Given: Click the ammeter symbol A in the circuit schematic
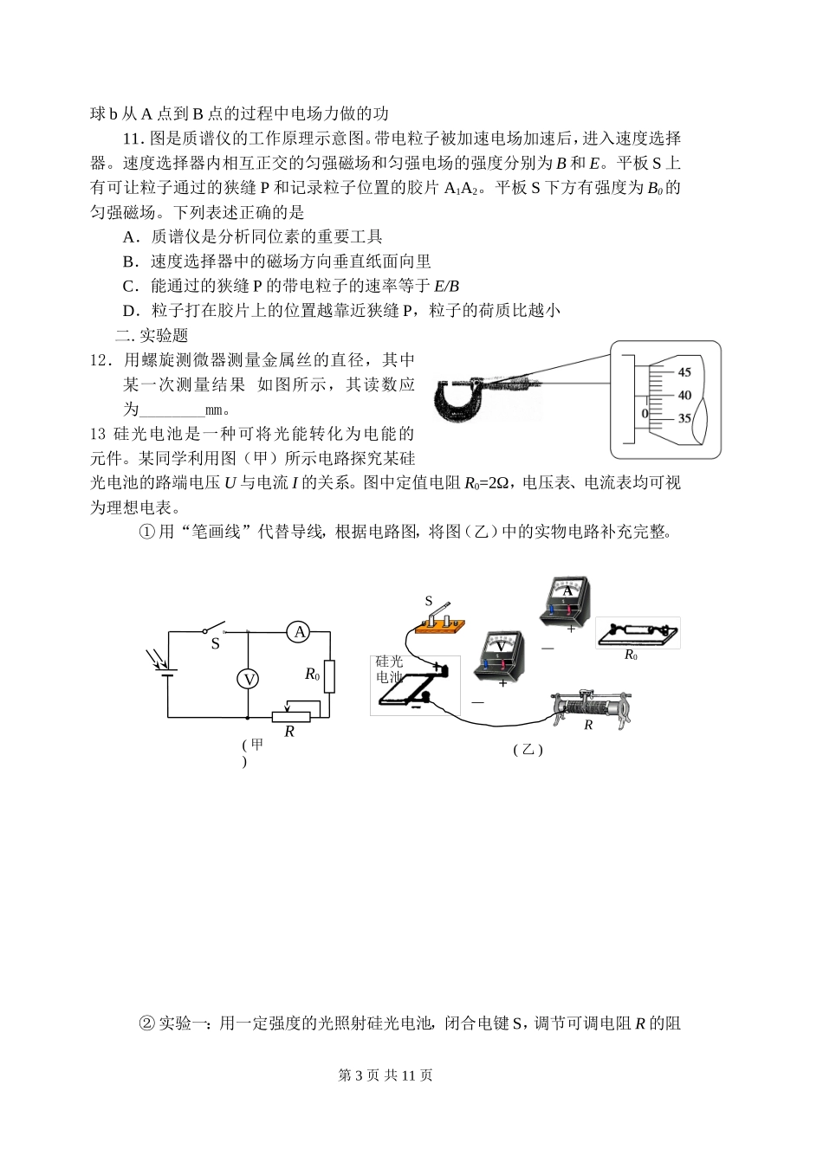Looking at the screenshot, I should (300, 632).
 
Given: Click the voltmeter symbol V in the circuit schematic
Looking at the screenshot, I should (249, 680).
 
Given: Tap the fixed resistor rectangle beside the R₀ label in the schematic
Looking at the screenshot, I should (329, 675).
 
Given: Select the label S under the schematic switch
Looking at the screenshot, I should (216, 644).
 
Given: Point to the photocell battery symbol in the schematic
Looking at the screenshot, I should (168, 672).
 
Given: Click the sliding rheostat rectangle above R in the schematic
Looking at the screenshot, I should (289, 716).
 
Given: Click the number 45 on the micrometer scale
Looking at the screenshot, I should (684, 372).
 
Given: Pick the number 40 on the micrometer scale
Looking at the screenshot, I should (684, 395).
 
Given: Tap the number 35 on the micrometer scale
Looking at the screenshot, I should (684, 418).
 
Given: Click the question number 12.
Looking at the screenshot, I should (101, 360).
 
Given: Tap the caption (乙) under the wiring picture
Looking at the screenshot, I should (527, 750).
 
